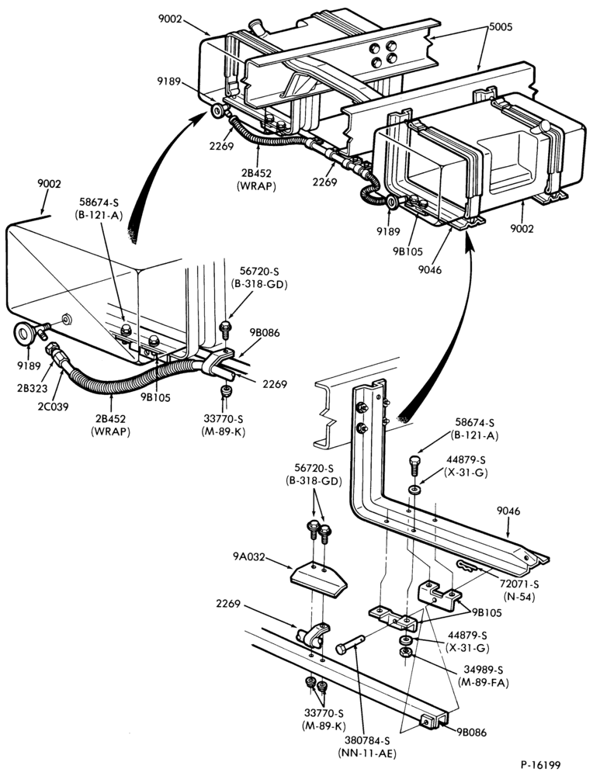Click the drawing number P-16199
pyautogui.click(x=540, y=764)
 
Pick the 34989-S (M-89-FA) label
pyautogui.click(x=484, y=676)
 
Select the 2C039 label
pyautogui.click(x=54, y=407)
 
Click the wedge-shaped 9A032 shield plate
pyautogui.click(x=317, y=580)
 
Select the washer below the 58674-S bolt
pyautogui.click(x=414, y=490)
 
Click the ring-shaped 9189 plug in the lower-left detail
pyautogui.click(x=24, y=333)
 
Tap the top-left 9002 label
pyautogui.click(x=170, y=19)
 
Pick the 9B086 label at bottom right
pyautogui.click(x=472, y=733)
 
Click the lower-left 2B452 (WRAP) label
pyautogui.click(x=110, y=425)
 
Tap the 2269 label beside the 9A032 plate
pyautogui.click(x=228, y=604)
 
